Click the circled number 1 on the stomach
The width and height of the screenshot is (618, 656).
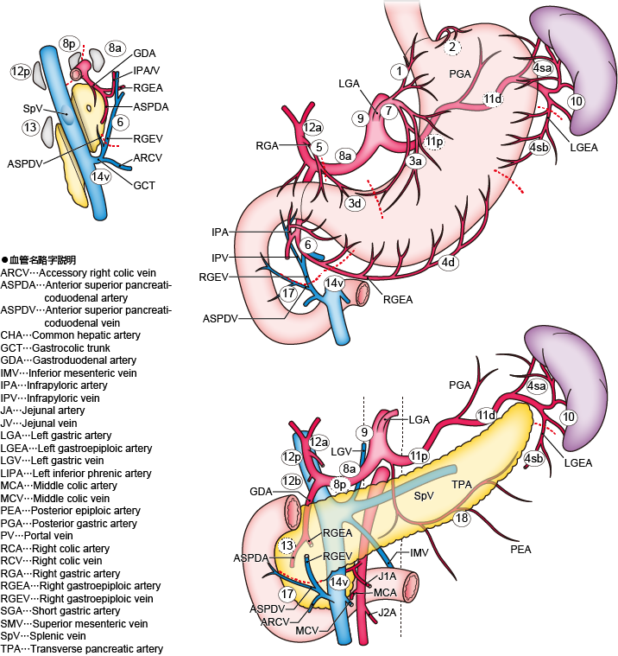coord(398,70)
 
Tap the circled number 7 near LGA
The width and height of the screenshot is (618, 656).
coord(389,111)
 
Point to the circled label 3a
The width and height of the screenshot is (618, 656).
coord(416,161)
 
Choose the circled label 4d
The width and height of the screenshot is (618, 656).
coord(448,262)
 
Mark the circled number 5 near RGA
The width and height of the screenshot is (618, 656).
coord(319,148)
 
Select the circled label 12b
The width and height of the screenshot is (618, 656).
coord(290,480)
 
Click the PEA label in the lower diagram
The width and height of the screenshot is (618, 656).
coord(521,550)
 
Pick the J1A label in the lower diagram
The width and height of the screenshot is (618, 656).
coord(387,576)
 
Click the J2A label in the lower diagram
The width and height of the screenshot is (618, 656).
coord(387,612)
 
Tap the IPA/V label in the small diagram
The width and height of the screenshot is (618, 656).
coord(146,70)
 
